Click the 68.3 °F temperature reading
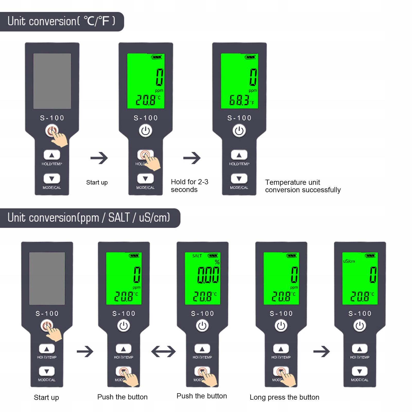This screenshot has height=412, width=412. pyautogui.click(x=240, y=100)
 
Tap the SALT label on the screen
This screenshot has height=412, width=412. pyautogui.click(x=197, y=256)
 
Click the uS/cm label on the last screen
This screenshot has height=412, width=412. pyautogui.click(x=349, y=261)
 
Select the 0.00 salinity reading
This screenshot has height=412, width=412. pyautogui.click(x=208, y=275)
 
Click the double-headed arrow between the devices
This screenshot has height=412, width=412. pyautogui.click(x=163, y=352)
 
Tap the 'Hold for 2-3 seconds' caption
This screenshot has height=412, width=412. pyautogui.click(x=190, y=186)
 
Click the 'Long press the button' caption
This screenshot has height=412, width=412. pyautogui.click(x=284, y=397)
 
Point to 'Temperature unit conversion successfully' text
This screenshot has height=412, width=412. pyautogui.click(x=303, y=186)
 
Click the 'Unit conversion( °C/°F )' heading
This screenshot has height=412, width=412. pyautogui.click(x=61, y=21)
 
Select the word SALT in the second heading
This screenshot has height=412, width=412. pyautogui.click(x=119, y=218)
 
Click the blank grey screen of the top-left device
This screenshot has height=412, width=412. pyautogui.click(x=52, y=81)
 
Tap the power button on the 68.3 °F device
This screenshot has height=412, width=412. pyautogui.click(x=239, y=131)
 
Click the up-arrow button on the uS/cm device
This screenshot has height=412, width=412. pyautogui.click(x=360, y=349)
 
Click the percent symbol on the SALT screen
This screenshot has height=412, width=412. pyautogui.click(x=217, y=262)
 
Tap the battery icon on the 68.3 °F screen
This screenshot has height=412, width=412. pyautogui.click(x=250, y=57)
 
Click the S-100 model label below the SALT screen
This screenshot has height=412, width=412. pyautogui.click(x=203, y=313)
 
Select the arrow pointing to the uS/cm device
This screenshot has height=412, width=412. pyautogui.click(x=321, y=352)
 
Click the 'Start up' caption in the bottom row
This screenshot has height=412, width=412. pyautogui.click(x=46, y=397)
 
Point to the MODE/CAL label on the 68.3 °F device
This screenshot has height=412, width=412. pyautogui.click(x=239, y=188)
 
